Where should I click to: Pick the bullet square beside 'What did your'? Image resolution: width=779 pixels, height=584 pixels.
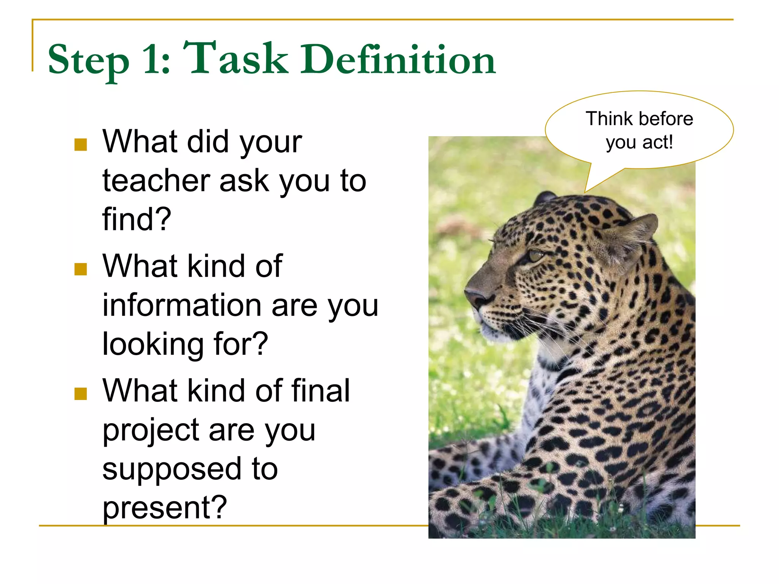point(81,144)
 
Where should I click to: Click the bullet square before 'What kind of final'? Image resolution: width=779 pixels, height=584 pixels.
point(81,394)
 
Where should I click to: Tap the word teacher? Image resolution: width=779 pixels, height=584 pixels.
point(156,181)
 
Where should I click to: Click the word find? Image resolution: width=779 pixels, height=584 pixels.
point(137,220)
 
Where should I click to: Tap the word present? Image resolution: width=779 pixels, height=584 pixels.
point(164,508)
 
